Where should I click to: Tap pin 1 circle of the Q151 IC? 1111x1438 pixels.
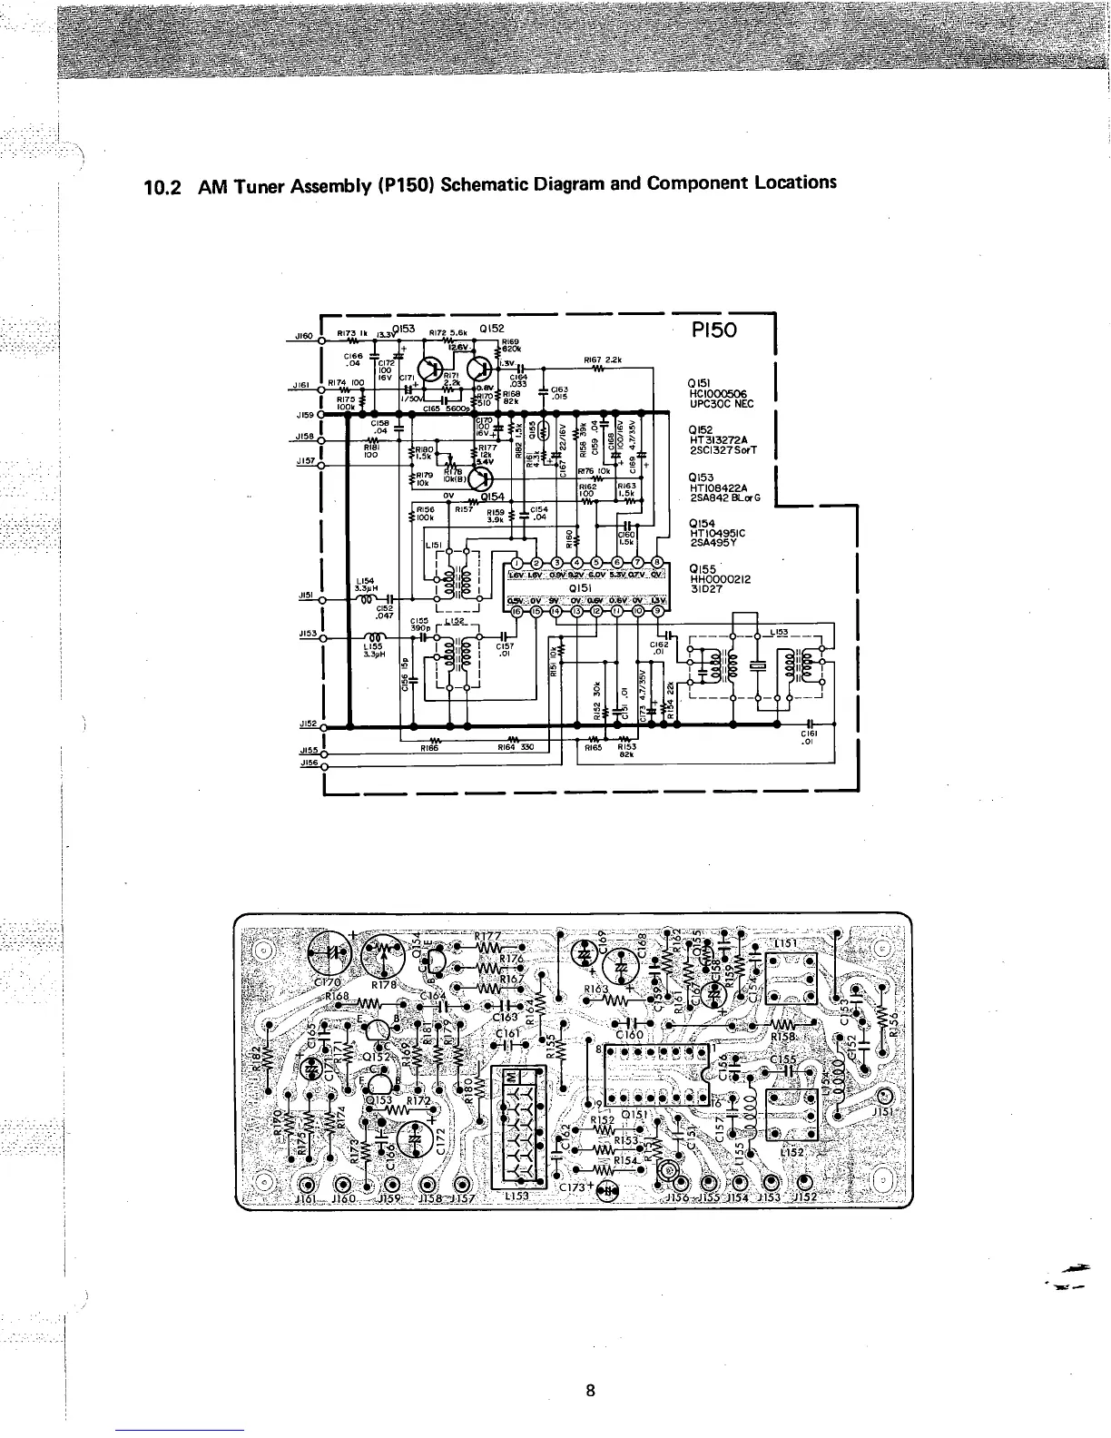[515, 558]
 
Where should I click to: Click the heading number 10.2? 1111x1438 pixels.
[163, 190]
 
